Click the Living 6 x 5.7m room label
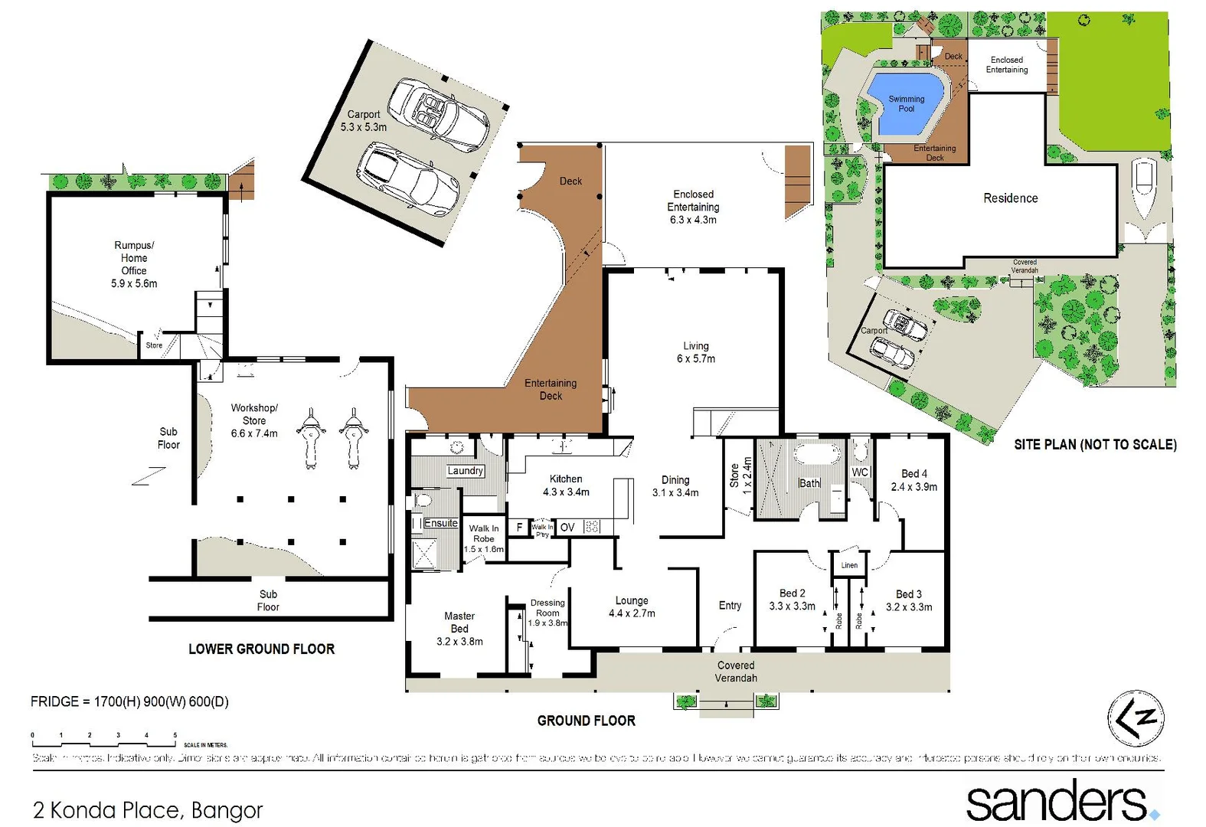[695, 352]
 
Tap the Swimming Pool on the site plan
[906, 103]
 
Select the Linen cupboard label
[849, 565]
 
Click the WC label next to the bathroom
[860, 472]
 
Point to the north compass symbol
[1136, 718]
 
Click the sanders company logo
[1061, 801]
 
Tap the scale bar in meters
[104, 740]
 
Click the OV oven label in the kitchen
[567, 528]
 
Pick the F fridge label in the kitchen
[519, 528]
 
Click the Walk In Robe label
[484, 538]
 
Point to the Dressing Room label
[547, 613]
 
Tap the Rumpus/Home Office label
[134, 264]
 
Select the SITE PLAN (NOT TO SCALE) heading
[1095, 445]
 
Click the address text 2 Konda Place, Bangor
[148, 809]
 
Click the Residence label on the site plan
[1010, 198]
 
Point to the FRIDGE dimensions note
[129, 701]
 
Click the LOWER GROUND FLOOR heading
[261, 649]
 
